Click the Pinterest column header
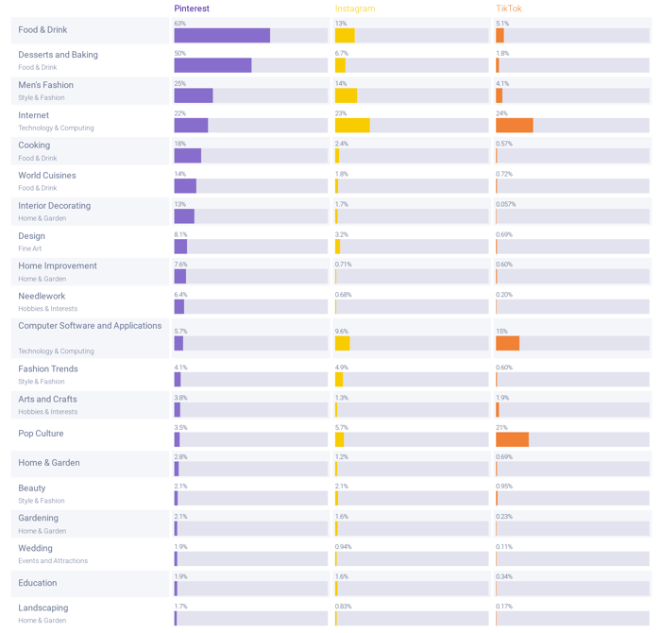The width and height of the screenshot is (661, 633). [x=192, y=9]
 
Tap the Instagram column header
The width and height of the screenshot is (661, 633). [x=355, y=9]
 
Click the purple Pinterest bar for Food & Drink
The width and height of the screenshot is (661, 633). [x=222, y=36]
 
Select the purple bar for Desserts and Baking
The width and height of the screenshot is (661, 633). [x=212, y=65]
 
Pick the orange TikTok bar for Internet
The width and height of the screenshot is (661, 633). [x=514, y=126]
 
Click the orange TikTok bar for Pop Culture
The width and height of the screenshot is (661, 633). [x=512, y=439]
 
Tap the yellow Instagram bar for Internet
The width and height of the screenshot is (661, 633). [x=351, y=126]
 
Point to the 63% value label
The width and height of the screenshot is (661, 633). [x=179, y=24]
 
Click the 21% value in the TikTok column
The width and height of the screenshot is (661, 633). [x=501, y=427]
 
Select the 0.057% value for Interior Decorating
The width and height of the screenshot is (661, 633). [x=505, y=204]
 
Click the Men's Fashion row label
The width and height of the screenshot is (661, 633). [x=45, y=85]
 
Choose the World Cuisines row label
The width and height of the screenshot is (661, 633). [x=47, y=175]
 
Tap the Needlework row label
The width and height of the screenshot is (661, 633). [x=42, y=296]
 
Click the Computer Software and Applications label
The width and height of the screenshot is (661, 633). [x=90, y=326]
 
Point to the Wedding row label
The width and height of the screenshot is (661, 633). [x=35, y=548]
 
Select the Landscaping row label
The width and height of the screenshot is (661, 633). [x=42, y=607]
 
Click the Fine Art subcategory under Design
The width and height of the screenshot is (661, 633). [x=30, y=248]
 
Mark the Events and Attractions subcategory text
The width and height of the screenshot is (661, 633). [x=53, y=561]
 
